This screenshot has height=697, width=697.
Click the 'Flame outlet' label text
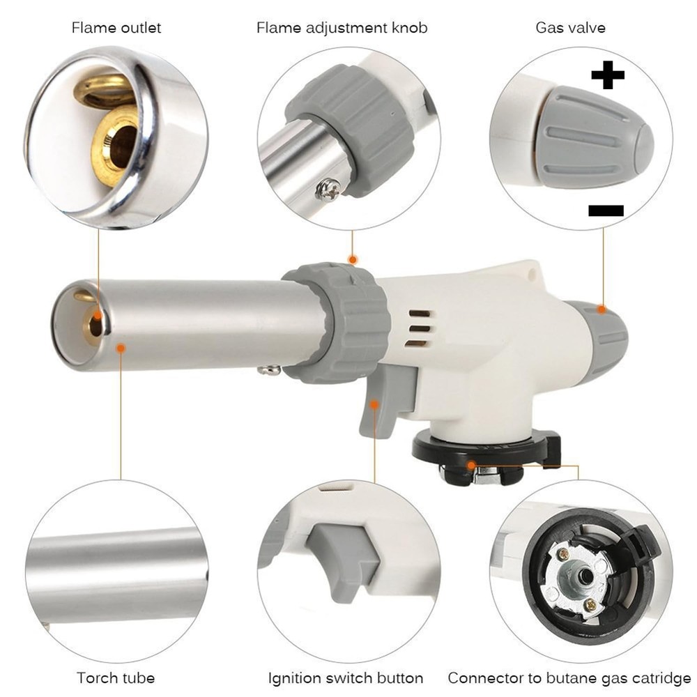(x=116, y=28)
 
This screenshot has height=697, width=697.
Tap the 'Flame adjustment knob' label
(x=342, y=28)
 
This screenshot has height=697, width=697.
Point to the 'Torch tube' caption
(x=116, y=677)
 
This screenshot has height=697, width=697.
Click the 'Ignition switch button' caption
(x=346, y=677)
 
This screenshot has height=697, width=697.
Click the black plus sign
(x=607, y=76)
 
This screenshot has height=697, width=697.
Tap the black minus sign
(x=606, y=210)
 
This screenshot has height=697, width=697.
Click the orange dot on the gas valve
(x=602, y=308)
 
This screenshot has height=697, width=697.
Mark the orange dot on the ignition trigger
(x=374, y=404)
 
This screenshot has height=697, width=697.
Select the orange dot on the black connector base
(x=472, y=464)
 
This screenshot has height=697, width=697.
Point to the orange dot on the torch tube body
(x=121, y=346)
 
